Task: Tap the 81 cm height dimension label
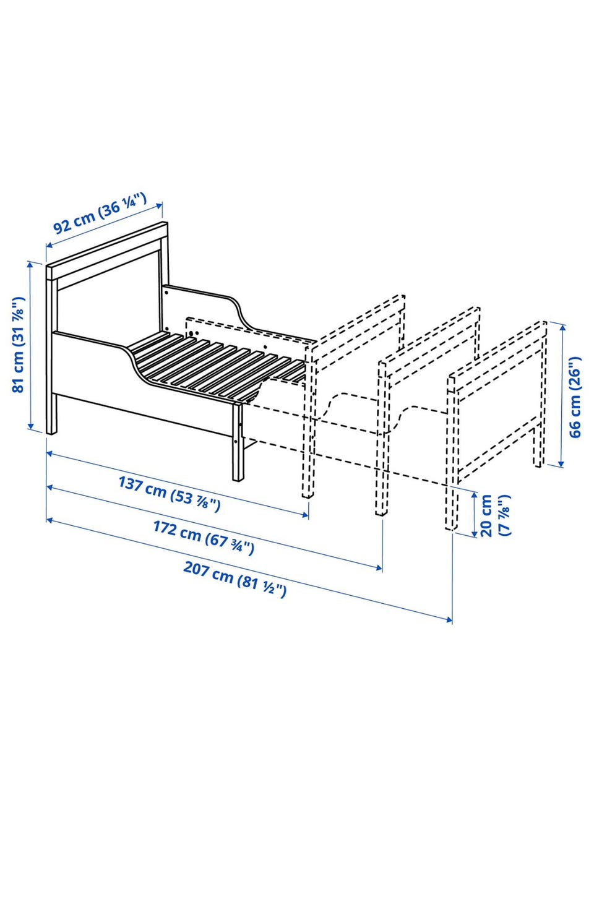pos(18,345)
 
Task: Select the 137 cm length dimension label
pos(170,494)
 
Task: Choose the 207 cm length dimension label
pos(235,579)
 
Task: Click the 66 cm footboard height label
pos(575,397)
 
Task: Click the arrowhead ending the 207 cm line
pos(449,619)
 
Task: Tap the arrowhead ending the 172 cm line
pos(379,568)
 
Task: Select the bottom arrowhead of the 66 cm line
pos(561,463)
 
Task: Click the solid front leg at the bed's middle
pos(238,441)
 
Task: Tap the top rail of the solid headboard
pos(107,251)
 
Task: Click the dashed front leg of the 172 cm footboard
pos(381,437)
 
